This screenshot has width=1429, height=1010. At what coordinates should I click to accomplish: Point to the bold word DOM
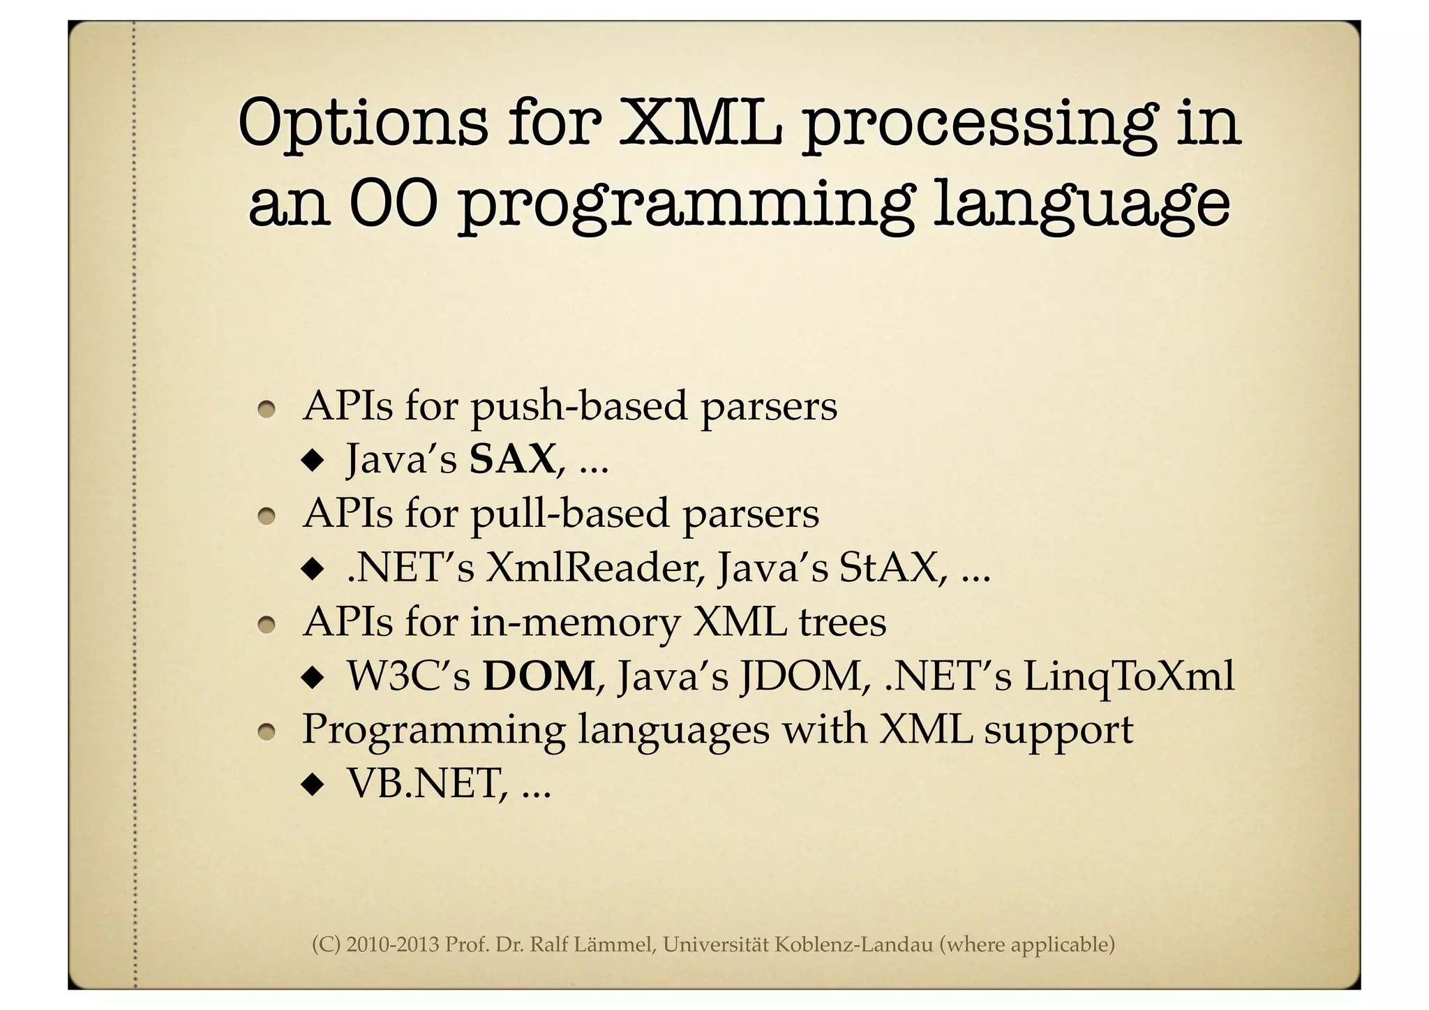point(539,676)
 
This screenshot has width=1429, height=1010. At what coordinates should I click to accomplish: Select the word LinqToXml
point(1128,676)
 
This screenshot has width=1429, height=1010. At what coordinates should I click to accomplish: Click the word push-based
point(578,406)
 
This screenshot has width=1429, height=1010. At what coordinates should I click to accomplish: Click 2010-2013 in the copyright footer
point(392,945)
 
